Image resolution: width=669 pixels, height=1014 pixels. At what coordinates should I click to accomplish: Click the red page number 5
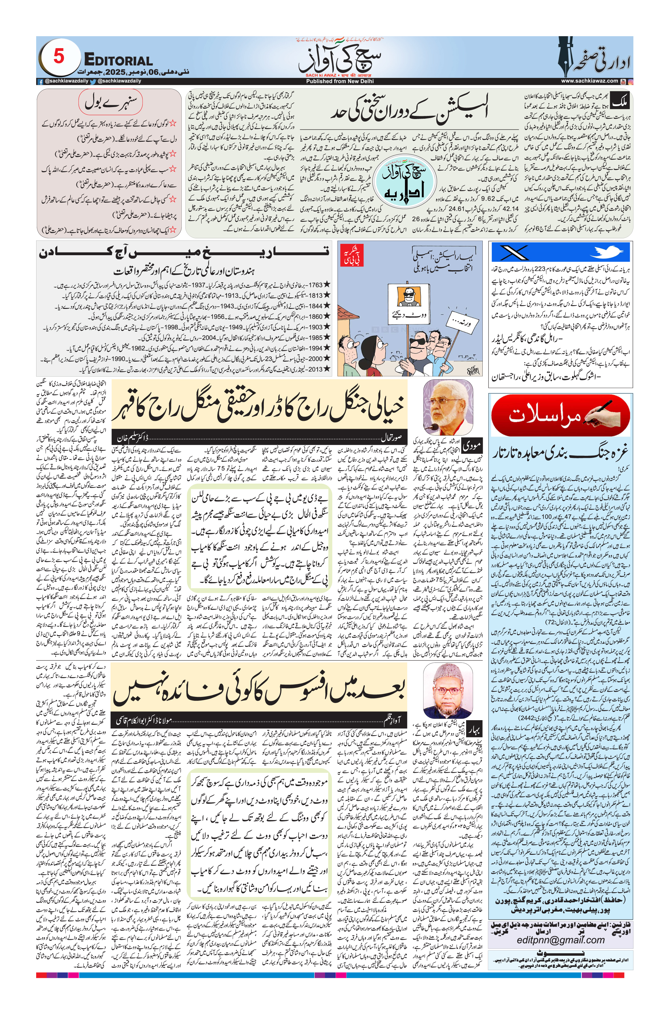59,56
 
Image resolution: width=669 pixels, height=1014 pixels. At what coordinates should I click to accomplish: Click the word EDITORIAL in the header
118,61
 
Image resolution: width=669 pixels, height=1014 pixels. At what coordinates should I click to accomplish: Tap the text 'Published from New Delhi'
340,81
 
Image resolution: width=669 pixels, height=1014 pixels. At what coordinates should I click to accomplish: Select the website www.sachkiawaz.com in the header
589,81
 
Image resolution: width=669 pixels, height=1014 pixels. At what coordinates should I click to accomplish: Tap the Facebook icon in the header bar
40,81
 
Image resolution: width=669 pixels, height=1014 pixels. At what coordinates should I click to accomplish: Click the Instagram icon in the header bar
630,81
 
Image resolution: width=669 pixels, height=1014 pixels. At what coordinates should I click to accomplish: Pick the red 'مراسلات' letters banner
560,415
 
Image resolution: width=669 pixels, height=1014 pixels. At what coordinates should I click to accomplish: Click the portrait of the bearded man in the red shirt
448,407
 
